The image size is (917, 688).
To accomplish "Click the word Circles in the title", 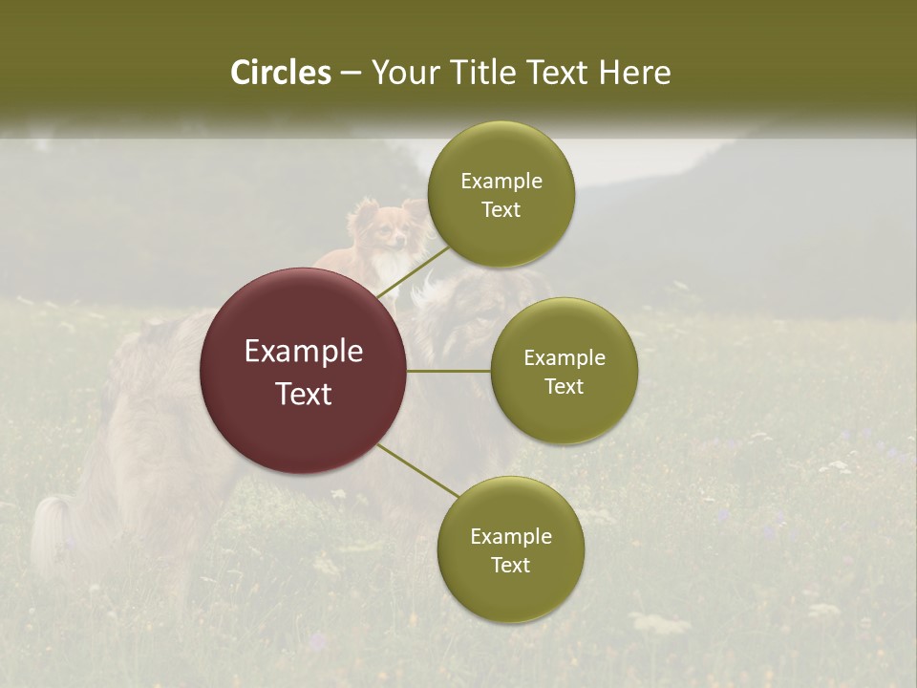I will (280, 73).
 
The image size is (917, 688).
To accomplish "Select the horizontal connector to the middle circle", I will (449, 371).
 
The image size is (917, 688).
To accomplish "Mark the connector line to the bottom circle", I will (418, 471).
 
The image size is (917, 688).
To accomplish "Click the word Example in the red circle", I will (304, 352).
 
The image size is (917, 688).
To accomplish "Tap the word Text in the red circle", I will (304, 394).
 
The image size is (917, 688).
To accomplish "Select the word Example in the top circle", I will (501, 182).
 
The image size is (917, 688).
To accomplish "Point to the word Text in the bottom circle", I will (510, 565).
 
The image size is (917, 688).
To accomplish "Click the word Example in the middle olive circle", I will (565, 358).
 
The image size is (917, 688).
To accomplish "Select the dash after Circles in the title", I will (351, 74).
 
